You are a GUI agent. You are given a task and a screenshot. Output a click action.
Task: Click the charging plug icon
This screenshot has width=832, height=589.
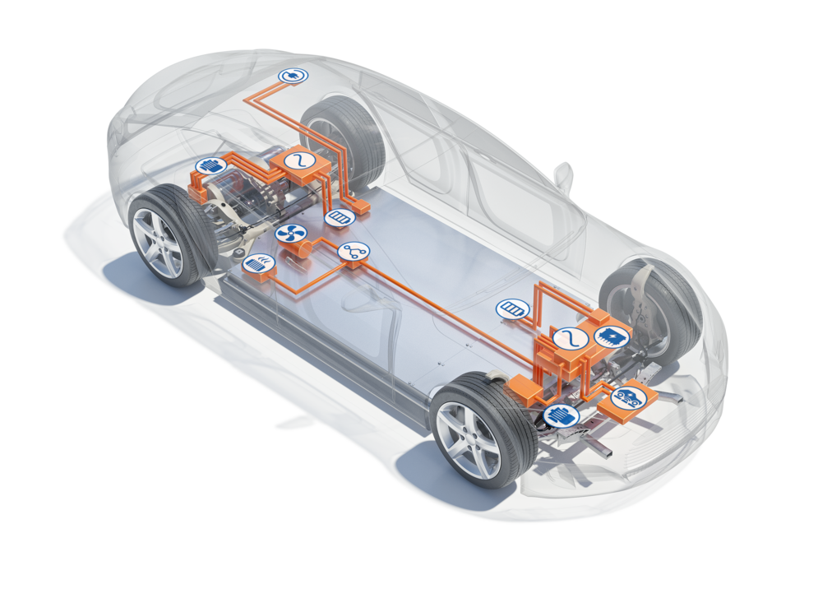[292, 77]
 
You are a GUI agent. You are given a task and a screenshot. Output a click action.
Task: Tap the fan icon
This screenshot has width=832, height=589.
[290, 234]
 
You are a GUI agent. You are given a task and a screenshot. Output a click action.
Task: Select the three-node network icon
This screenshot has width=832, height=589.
[354, 252]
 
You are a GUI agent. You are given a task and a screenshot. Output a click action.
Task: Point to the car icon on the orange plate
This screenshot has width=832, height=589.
[629, 397]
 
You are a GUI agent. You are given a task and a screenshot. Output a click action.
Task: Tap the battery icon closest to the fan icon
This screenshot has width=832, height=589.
[339, 218]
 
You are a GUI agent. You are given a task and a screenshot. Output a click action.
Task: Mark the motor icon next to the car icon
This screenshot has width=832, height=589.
[562, 415]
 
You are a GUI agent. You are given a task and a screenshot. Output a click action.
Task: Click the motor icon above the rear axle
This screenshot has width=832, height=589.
[211, 165]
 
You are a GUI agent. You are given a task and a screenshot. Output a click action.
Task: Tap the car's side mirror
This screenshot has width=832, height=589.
[564, 175]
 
